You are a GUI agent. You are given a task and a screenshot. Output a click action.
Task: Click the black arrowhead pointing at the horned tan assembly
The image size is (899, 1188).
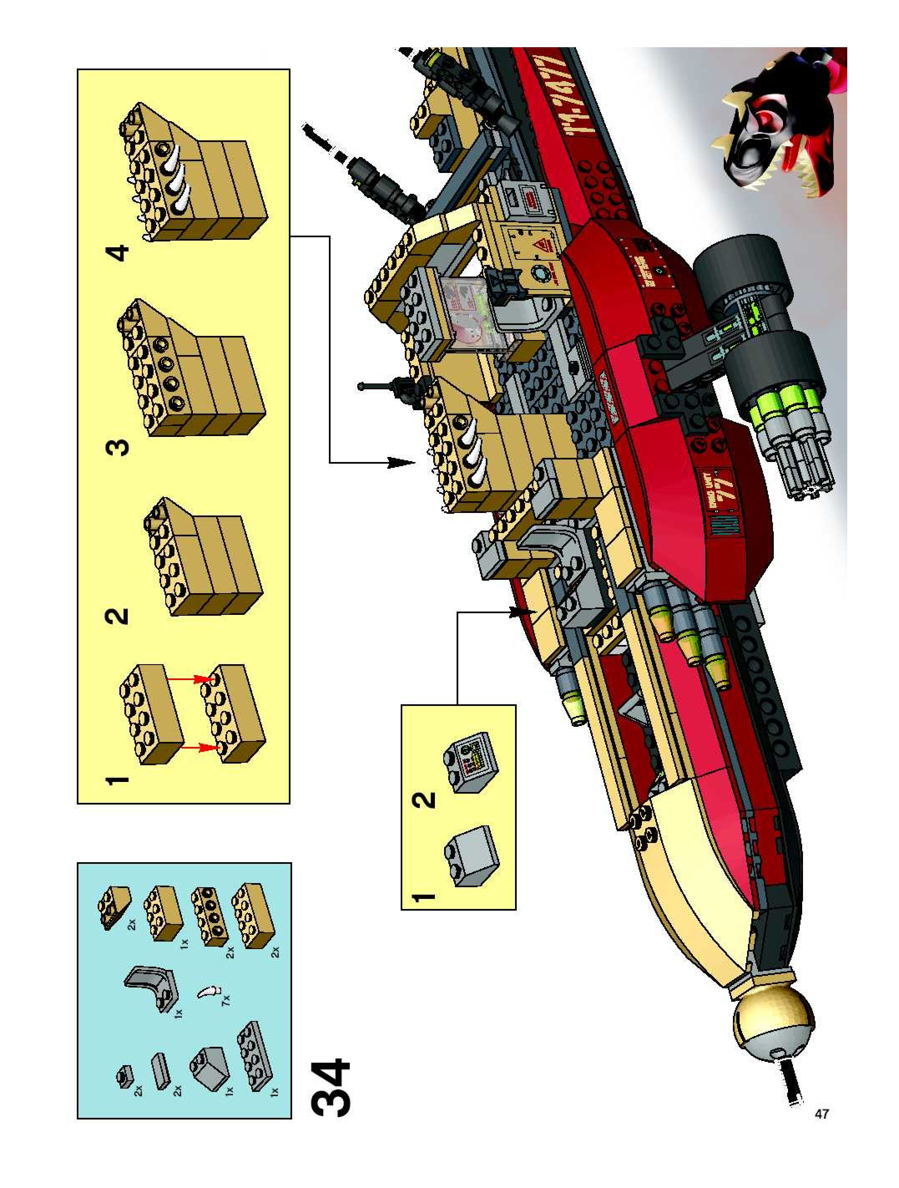click(400, 462)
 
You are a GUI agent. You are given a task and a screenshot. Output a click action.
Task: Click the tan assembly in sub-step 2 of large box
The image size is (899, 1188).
click(204, 558)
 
